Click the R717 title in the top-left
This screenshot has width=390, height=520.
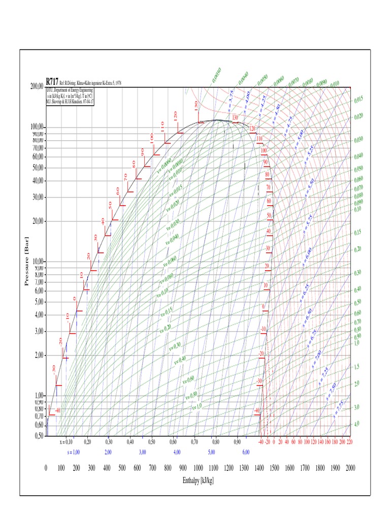pyautogui.click(x=52, y=81)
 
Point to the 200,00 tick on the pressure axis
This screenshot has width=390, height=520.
pyautogui.click(x=37, y=87)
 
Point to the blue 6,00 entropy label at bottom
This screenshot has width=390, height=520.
pyautogui.click(x=246, y=451)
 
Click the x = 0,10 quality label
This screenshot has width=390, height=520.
pyautogui.click(x=64, y=442)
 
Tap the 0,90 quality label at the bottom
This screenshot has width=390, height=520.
pyautogui.click(x=237, y=442)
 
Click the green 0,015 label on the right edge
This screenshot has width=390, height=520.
pyautogui.click(x=359, y=100)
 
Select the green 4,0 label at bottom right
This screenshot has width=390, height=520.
pyautogui.click(x=356, y=424)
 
